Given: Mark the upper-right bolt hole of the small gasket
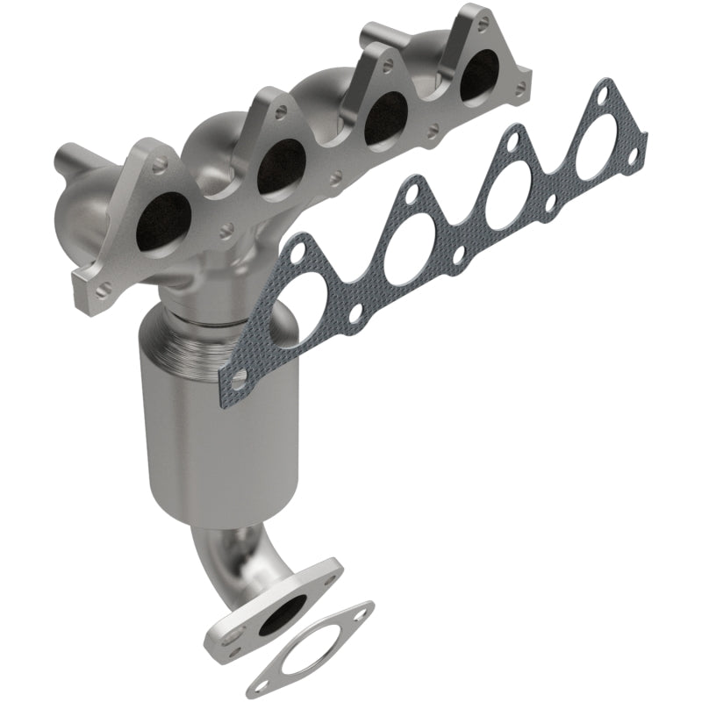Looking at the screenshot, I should tap(360, 612).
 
